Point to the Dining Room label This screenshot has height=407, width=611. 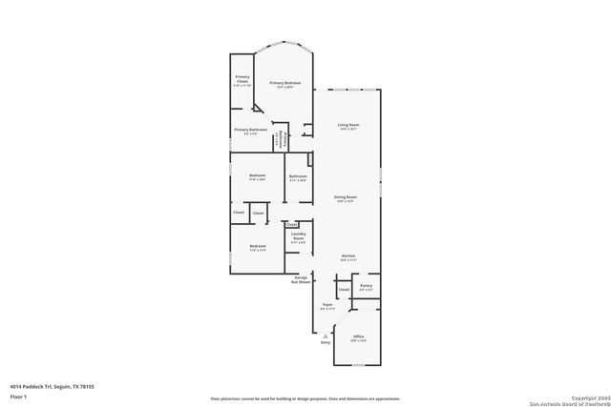point(346,199)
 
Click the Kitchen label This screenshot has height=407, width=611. point(348,257)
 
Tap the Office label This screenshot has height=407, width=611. point(359,337)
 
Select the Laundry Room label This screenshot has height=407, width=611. point(298,240)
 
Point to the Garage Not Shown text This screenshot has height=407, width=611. point(302,280)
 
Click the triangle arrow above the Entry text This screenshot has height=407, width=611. point(326,336)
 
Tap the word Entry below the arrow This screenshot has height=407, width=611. point(326,342)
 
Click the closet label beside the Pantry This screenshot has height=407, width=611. point(343,289)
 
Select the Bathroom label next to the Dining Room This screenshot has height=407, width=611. point(298,176)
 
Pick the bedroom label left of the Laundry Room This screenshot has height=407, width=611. point(257,247)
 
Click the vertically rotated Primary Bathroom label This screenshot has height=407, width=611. point(279,141)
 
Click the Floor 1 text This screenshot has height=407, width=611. point(18,396)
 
